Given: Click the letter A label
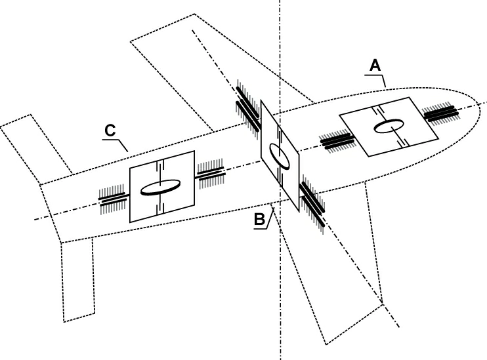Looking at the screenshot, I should pos(375,65).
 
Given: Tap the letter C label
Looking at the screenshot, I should pos(110,130).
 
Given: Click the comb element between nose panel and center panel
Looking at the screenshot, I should pos(336,139).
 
